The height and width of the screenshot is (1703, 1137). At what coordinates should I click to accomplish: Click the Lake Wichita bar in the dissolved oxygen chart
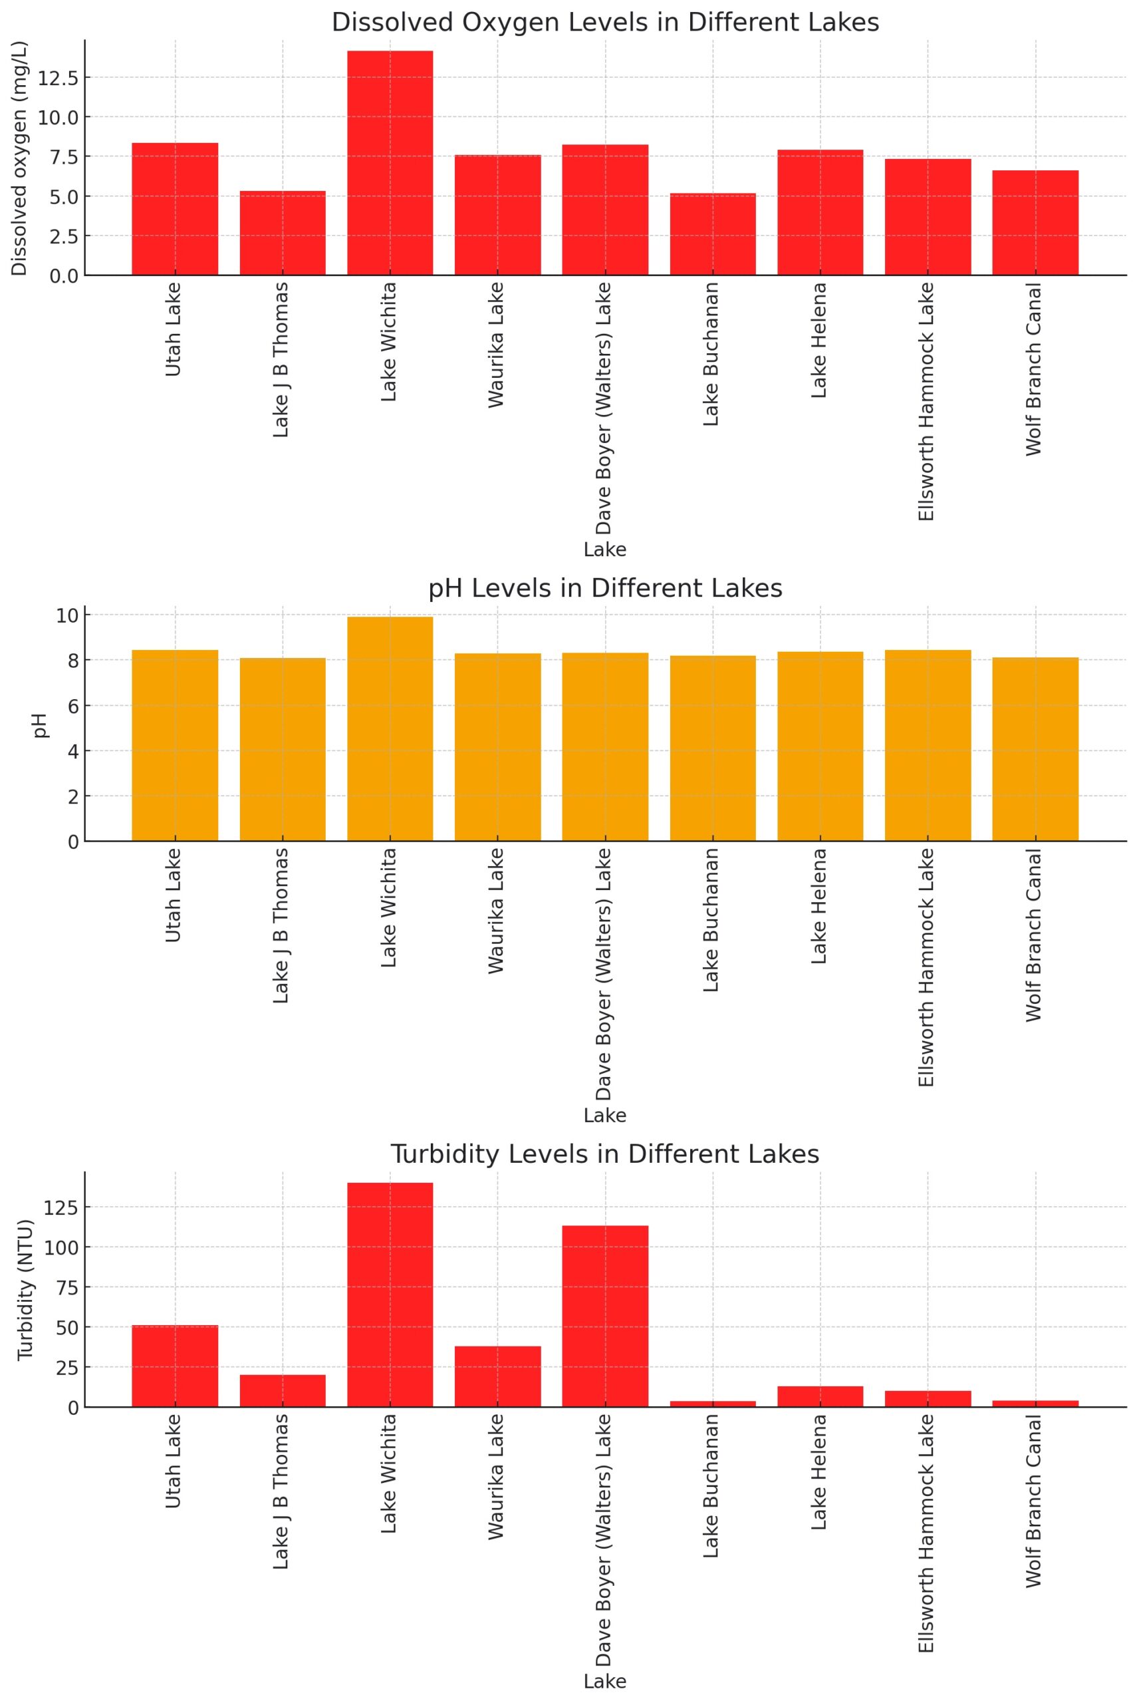coord(390,163)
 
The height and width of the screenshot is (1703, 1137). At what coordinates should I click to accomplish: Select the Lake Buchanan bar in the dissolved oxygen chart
coord(712,234)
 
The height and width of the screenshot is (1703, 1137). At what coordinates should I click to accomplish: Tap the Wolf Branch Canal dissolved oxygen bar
coord(1035,223)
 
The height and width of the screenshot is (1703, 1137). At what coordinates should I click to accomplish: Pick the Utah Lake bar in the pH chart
coord(175,746)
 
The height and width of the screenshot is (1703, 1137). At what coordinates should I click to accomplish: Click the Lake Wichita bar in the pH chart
coord(390,729)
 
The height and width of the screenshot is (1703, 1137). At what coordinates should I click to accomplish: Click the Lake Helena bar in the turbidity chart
coord(820,1397)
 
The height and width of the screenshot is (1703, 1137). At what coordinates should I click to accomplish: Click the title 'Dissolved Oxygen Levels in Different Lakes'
coord(606,23)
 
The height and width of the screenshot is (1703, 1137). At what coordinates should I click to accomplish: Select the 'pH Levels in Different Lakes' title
coord(606,588)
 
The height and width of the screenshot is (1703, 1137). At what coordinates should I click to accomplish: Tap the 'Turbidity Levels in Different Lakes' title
coord(606,1154)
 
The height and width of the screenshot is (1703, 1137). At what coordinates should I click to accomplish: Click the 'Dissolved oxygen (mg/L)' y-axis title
coord(19,158)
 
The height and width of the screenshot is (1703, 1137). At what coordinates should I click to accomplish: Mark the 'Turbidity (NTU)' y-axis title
coord(25,1290)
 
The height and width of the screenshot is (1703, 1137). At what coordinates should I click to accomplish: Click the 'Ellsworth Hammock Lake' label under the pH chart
coord(927,969)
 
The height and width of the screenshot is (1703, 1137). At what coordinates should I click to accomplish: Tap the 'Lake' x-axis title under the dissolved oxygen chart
coord(605,549)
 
